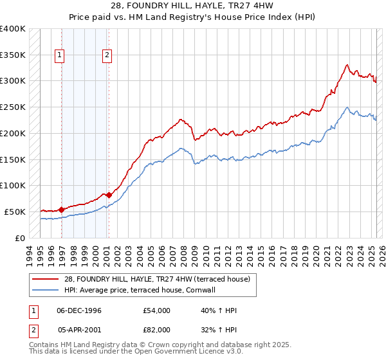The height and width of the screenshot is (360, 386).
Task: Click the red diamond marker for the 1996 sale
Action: (x=62, y=209)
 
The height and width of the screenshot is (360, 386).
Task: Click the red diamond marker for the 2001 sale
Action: (x=109, y=194)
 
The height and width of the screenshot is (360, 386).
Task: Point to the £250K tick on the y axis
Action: (x=13, y=107)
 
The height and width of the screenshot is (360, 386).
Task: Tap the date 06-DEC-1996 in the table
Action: (x=79, y=310)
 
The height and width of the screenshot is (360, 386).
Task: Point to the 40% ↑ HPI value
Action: (x=219, y=310)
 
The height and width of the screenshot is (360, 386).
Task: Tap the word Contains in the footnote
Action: (x=44, y=346)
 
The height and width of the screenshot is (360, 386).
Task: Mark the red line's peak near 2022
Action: (x=347, y=65)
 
